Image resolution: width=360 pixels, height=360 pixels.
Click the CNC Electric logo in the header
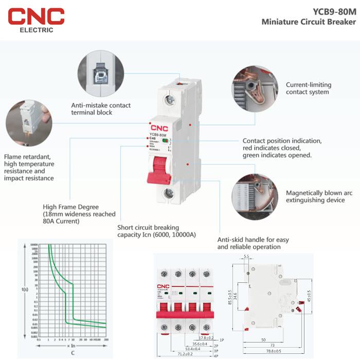click(x=36, y=19)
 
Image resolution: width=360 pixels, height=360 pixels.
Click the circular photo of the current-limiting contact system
click(x=254, y=88)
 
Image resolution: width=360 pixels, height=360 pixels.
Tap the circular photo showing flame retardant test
click(x=28, y=123)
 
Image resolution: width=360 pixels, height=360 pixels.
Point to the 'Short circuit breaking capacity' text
click(x=157, y=231)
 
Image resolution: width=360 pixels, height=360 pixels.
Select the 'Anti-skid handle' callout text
click(x=253, y=243)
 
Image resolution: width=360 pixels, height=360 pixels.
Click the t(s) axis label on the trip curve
click(x=25, y=290)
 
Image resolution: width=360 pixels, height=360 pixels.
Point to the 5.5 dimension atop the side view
click(x=246, y=256)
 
